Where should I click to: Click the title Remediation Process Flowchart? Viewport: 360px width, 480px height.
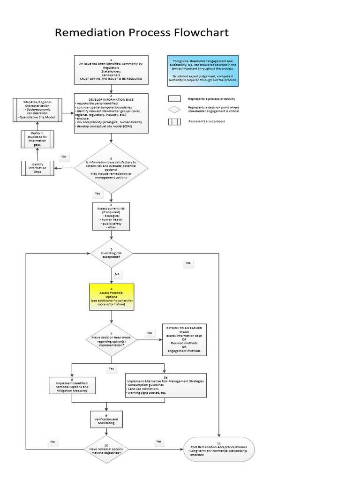point(142,33)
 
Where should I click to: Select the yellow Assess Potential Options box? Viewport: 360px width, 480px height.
point(112,297)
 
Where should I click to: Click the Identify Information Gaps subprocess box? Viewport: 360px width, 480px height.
point(37,168)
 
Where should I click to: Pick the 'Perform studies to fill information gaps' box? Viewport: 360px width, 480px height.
point(37,139)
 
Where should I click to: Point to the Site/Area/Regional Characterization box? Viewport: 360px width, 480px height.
point(37,111)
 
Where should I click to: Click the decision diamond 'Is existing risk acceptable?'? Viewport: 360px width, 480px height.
point(112,254)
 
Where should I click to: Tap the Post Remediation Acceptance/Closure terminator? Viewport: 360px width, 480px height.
point(219,450)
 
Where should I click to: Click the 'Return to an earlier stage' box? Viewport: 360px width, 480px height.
point(184,339)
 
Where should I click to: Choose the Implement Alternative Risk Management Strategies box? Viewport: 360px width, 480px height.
point(165,385)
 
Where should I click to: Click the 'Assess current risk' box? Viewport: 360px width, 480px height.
point(111,217)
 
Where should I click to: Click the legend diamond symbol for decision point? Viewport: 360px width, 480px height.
point(175,109)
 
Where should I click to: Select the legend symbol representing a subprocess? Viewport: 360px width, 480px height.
point(175,122)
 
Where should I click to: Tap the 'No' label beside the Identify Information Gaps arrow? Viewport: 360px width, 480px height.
point(63,157)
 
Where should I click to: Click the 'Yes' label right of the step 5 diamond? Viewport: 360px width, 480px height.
point(188,263)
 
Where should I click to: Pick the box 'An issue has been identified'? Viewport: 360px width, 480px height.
point(111,69)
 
